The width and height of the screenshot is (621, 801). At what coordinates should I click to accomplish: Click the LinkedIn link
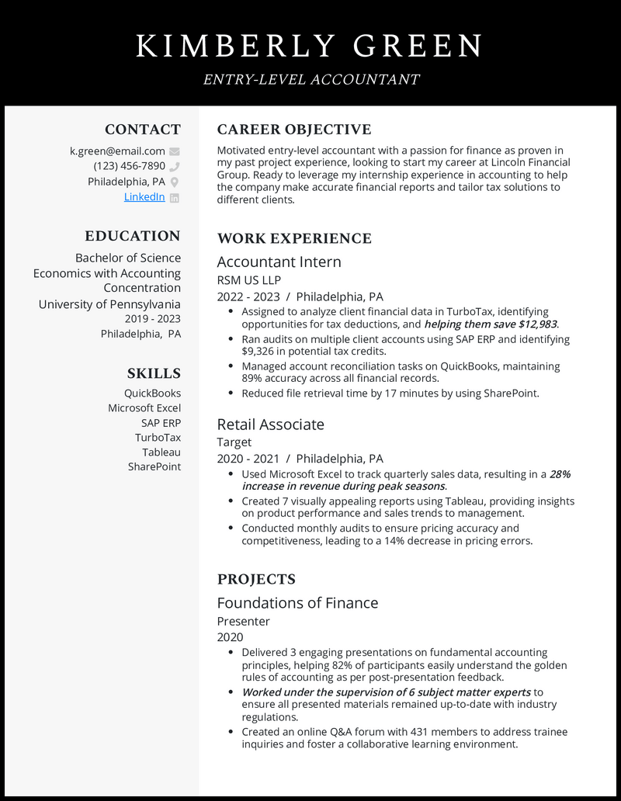(144, 197)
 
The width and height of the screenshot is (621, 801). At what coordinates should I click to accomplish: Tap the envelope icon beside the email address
(175, 151)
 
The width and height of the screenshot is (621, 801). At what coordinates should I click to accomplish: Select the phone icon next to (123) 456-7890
(175, 166)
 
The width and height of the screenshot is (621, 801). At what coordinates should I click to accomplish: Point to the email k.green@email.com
(117, 151)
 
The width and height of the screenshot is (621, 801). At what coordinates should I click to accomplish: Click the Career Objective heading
(293, 130)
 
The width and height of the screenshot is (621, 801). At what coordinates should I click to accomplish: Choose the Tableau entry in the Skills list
(161, 452)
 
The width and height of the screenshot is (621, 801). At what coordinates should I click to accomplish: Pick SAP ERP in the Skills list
(161, 423)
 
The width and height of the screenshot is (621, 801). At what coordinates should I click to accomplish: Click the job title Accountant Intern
(279, 262)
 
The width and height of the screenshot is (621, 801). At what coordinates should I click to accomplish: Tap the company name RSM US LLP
(248, 280)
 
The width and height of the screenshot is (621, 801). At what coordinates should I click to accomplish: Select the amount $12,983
(536, 324)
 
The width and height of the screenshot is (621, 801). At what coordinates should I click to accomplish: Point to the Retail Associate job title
(270, 424)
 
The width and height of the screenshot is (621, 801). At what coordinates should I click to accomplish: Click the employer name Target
(234, 442)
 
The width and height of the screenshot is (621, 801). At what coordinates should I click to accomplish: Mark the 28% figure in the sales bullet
(560, 473)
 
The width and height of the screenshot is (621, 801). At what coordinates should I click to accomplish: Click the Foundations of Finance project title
(297, 603)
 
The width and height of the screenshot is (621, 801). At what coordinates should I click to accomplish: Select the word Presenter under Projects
(243, 621)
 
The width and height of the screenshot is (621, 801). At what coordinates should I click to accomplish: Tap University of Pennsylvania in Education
(109, 304)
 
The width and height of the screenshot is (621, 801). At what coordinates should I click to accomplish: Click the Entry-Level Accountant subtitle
(310, 79)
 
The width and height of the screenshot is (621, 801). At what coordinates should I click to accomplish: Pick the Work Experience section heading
(294, 238)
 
